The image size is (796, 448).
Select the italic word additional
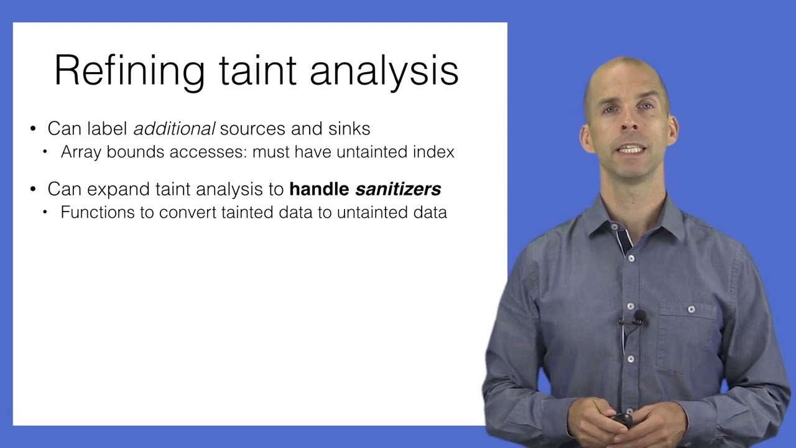coord(174,129)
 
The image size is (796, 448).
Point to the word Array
coord(81,152)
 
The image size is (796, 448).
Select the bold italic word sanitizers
coord(398,189)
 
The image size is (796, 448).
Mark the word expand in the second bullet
coord(119,189)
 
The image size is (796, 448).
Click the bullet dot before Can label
coord(34,129)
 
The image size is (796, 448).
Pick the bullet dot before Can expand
coord(34,189)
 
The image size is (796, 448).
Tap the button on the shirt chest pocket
coord(691,309)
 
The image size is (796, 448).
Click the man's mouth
coord(632,149)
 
